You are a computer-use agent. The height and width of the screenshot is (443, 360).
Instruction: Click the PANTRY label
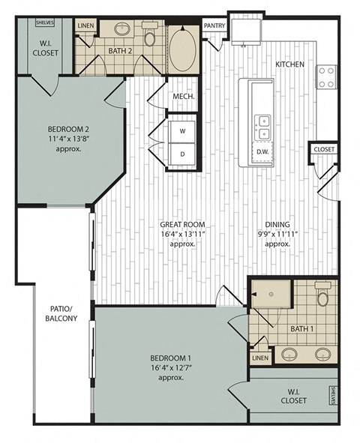[214, 25]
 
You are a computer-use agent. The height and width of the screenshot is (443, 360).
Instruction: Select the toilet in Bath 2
[149, 36]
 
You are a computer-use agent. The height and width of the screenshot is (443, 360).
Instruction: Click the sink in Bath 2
[122, 31]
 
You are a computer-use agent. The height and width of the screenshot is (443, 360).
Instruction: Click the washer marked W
[181, 130]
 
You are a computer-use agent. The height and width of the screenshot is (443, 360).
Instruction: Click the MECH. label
[184, 97]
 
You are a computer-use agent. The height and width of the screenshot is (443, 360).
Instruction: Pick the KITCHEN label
[289, 64]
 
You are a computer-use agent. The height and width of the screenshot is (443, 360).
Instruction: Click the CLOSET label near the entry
[324, 149]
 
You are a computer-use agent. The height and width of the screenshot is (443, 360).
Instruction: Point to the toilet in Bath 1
[322, 297]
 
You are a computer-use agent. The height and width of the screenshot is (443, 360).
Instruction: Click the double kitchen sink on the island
[263, 127]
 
